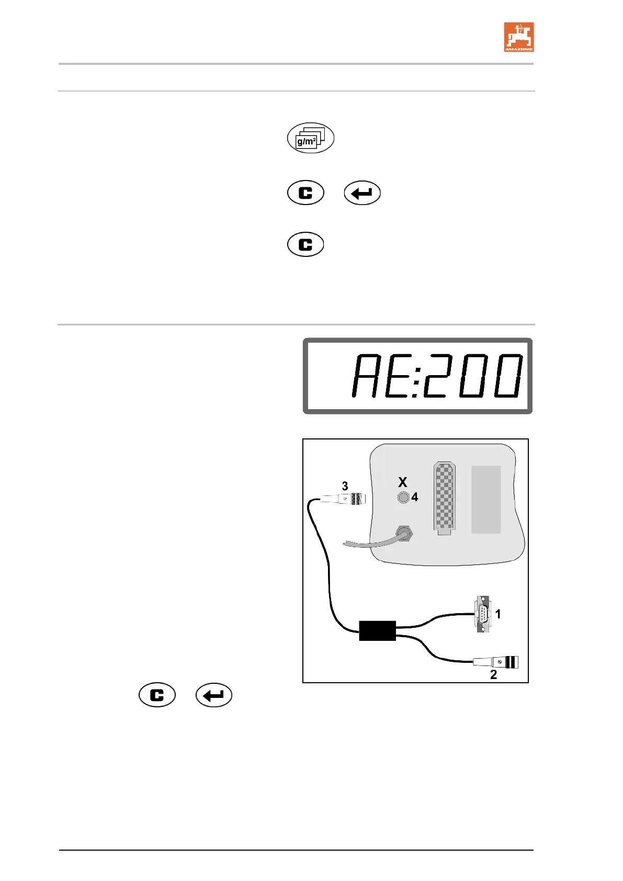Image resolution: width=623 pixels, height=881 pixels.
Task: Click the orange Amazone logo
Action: click(518, 37)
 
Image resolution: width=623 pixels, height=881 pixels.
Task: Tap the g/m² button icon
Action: click(311, 138)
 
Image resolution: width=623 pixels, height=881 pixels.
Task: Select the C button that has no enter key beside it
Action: click(305, 244)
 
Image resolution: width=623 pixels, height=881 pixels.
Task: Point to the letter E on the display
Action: click(400, 375)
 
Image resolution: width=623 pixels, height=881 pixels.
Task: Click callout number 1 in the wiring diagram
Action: click(498, 614)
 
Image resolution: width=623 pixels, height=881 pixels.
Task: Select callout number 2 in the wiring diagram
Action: click(493, 675)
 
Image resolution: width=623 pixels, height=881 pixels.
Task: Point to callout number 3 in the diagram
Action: click(345, 486)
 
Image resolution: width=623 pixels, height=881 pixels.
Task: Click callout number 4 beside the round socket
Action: click(415, 497)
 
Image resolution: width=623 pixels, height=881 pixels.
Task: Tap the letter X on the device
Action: click(402, 482)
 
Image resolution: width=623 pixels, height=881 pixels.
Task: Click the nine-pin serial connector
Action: click(482, 614)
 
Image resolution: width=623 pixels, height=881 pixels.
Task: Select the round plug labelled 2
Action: click(497, 662)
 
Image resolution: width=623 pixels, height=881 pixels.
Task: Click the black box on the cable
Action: click(377, 630)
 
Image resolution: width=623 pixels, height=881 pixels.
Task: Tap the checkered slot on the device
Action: click(444, 498)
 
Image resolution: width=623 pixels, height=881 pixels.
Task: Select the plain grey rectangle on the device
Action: click(486, 499)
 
